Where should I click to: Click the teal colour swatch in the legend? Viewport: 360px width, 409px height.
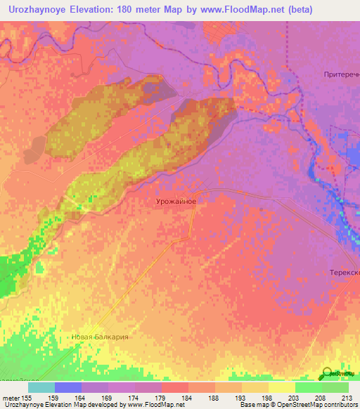click(41, 387)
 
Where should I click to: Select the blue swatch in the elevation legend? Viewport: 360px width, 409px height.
click(67, 387)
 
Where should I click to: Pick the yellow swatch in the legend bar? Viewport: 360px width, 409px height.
click(281, 387)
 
